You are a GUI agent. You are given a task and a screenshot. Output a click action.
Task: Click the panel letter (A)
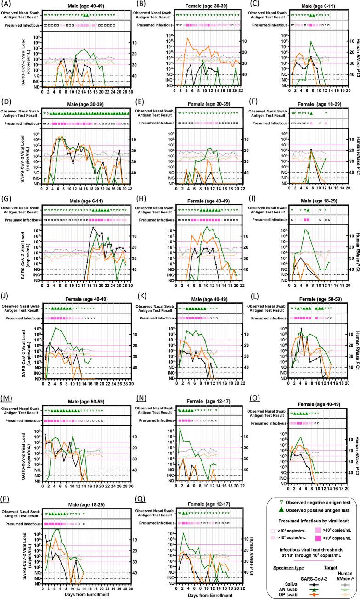[6, 4]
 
